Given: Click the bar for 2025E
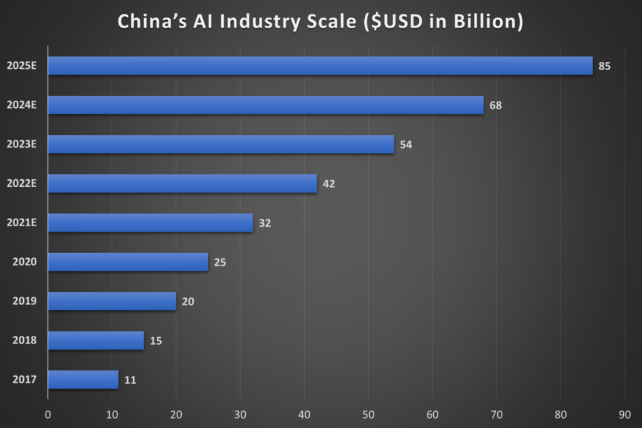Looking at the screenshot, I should pyautogui.click(x=320, y=66).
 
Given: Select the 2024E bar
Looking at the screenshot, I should pyautogui.click(x=266, y=105).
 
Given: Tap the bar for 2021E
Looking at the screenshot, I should pyautogui.click(x=150, y=222).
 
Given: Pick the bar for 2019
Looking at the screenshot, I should pyautogui.click(x=112, y=301).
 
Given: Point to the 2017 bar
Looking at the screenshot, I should pyautogui.click(x=83, y=379).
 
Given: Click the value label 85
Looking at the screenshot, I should pyautogui.click(x=604, y=66).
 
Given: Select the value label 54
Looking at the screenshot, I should pyautogui.click(x=406, y=145).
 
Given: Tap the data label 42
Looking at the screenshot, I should pyautogui.click(x=329, y=184).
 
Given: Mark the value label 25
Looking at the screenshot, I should pyautogui.click(x=219, y=263).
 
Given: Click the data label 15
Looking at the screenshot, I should pyautogui.click(x=155, y=341).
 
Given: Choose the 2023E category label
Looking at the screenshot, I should pyautogui.click(x=22, y=144).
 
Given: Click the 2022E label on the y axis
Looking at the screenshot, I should pyautogui.click(x=22, y=184).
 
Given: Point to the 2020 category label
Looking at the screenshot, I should pyautogui.click(x=24, y=262).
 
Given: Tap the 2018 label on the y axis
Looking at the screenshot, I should pyautogui.click(x=24, y=340).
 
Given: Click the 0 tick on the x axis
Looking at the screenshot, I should pyautogui.click(x=48, y=414).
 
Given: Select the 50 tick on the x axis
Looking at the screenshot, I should pyautogui.click(x=369, y=414).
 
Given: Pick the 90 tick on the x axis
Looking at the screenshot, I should pyautogui.click(x=625, y=414).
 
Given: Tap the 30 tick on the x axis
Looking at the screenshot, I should pyautogui.click(x=240, y=414).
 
